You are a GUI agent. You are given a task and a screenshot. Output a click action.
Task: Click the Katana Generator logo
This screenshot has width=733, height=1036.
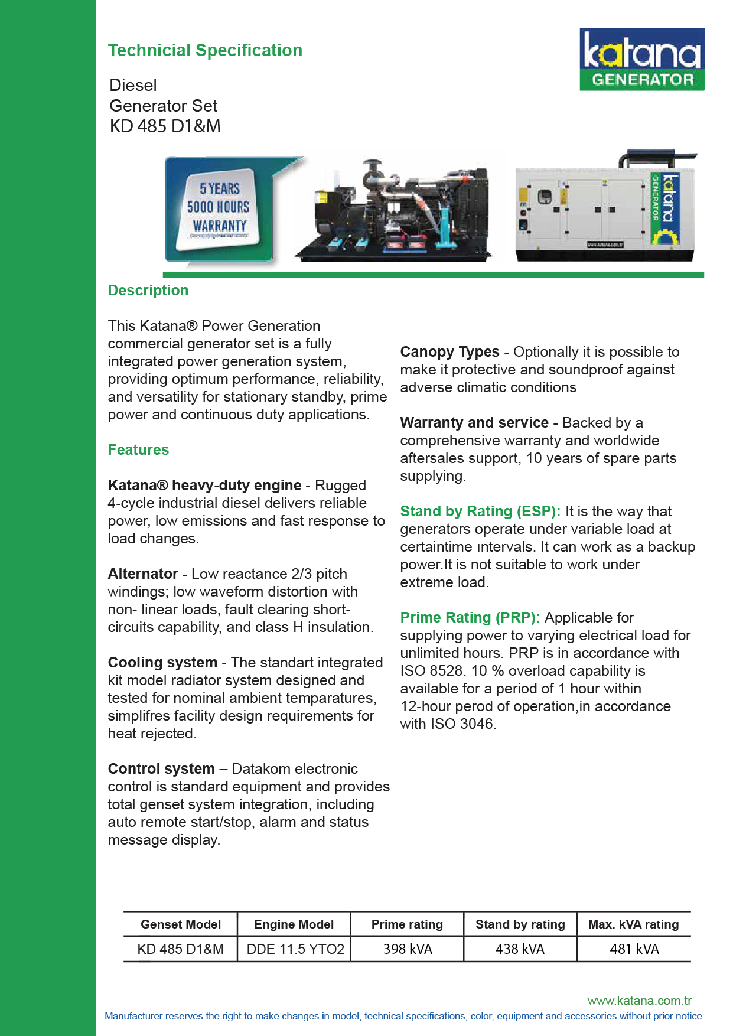641,59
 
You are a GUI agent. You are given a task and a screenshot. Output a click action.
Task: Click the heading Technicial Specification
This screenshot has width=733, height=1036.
205,51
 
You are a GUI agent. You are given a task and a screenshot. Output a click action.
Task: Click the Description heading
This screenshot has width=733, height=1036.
148,291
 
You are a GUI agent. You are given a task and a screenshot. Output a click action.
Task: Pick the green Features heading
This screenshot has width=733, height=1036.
138,450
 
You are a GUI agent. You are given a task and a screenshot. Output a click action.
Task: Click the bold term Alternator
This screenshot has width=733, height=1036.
143,574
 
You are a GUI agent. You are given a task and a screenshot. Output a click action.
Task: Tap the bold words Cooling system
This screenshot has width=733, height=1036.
162,663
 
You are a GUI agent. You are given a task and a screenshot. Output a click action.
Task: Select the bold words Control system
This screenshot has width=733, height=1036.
161,769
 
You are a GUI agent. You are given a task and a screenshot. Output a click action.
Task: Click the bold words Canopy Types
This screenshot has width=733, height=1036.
449,352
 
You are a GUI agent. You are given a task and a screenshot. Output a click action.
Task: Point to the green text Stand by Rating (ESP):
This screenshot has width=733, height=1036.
480,512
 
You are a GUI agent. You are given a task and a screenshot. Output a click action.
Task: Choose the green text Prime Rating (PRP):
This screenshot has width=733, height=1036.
470,618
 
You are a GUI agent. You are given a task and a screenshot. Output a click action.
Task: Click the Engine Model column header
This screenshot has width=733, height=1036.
294,924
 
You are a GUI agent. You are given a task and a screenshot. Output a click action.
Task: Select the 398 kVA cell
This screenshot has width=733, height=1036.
408,949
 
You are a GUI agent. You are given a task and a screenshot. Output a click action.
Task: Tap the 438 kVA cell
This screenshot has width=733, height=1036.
520,949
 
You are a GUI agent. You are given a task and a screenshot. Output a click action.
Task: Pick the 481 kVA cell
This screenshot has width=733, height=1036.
634,949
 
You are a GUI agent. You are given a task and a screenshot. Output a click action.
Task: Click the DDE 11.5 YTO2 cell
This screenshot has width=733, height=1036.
295,949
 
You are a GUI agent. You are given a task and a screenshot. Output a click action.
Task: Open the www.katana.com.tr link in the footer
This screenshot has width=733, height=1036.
639,1001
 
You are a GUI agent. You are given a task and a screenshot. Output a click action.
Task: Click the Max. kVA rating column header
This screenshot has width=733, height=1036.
633,924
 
